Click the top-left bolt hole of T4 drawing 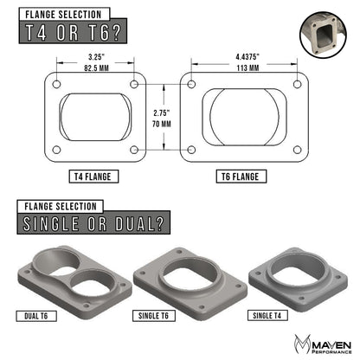coord(56,85)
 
